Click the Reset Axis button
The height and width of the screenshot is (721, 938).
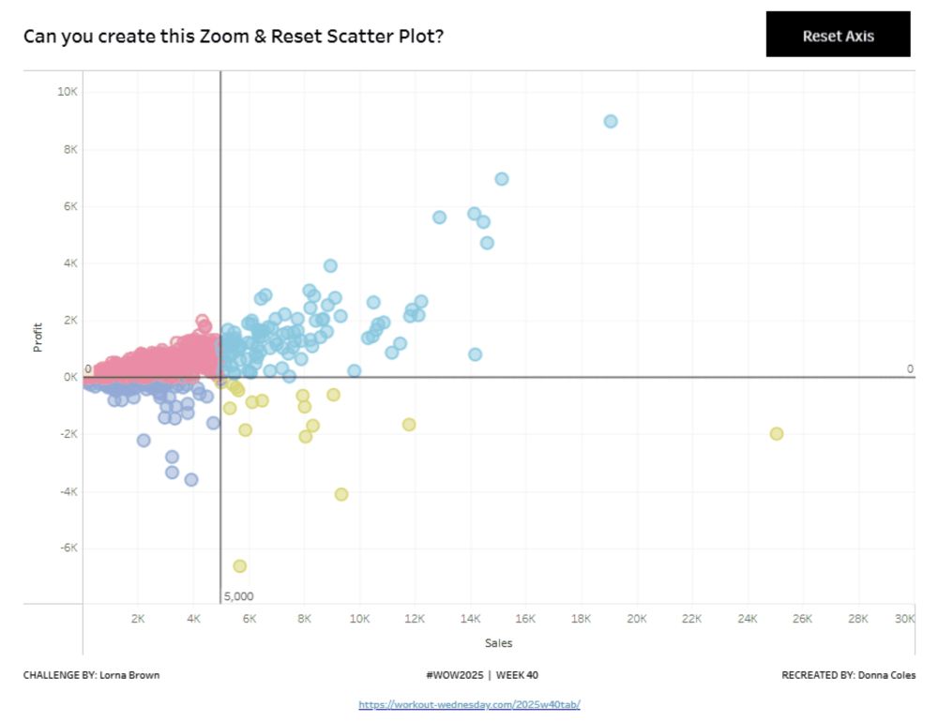[838, 35]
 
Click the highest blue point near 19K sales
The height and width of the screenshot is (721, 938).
[611, 121]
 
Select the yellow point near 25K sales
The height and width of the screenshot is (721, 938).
[777, 433]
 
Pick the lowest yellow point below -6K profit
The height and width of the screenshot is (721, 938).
[239, 565]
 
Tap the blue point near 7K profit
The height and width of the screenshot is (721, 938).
[502, 178]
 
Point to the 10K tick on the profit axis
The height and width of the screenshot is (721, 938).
[67, 92]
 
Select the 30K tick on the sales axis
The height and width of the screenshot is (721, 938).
[904, 619]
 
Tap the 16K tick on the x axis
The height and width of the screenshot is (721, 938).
[525, 619]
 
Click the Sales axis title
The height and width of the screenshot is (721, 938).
[498, 643]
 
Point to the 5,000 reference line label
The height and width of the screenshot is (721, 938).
[238, 596]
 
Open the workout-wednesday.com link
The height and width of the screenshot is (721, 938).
[469, 704]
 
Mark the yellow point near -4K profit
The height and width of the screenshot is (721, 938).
[341, 494]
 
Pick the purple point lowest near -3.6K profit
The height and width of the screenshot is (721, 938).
[191, 479]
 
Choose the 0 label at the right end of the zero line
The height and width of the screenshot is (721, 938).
[909, 368]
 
